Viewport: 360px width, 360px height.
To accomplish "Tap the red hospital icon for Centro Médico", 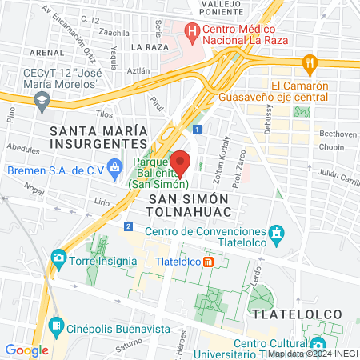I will [x=192, y=34].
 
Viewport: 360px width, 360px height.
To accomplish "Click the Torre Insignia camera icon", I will [x=58, y=257].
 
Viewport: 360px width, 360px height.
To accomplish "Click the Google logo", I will [x=26, y=350].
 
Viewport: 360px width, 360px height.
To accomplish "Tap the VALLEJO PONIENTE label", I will [x=222, y=7].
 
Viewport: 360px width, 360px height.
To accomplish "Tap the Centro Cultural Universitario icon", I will [x=317, y=343].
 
